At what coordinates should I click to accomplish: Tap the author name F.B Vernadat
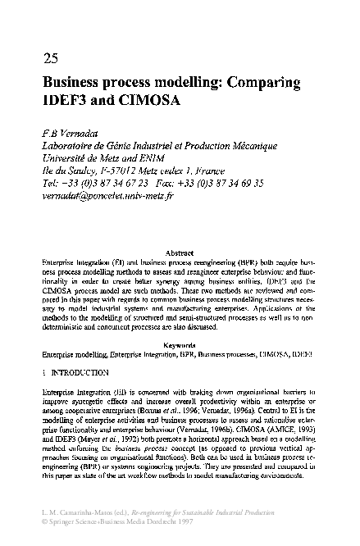(x=73, y=134)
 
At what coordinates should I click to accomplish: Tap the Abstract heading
(x=179, y=253)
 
